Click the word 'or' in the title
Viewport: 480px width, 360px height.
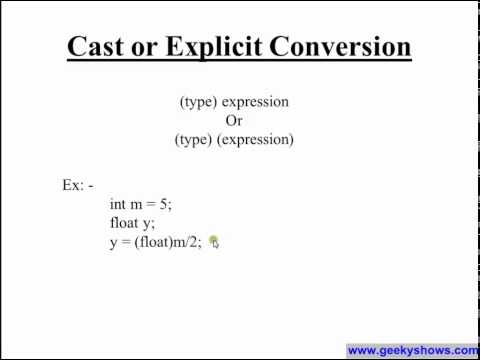point(153,47)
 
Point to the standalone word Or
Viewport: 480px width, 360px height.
point(234,121)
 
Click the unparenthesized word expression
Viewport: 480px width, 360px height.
point(255,102)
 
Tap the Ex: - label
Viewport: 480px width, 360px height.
point(77,186)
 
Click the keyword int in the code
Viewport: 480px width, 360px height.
point(118,204)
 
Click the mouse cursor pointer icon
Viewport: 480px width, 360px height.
point(214,242)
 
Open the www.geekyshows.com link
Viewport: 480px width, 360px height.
point(412,351)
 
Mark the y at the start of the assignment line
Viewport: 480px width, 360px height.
point(113,243)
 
